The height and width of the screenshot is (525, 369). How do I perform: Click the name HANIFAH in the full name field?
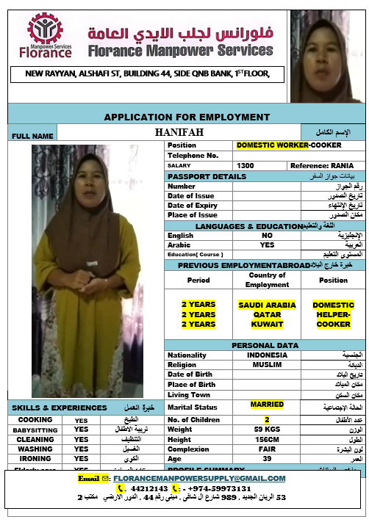(x=179, y=132)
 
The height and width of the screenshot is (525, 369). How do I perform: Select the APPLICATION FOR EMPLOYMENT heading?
(x=187, y=117)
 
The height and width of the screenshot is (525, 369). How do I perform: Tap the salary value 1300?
(x=246, y=165)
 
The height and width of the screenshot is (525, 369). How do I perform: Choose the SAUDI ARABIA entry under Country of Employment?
(x=267, y=305)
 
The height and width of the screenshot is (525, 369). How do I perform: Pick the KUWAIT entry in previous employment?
(x=267, y=324)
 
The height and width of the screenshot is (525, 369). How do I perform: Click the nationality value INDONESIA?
(x=267, y=355)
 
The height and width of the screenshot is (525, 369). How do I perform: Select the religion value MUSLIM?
(x=267, y=365)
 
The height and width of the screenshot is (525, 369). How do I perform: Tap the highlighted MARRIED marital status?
(x=267, y=405)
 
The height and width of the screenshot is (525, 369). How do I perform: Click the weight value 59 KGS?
(x=267, y=429)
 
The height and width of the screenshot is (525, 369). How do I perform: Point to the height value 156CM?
(x=267, y=439)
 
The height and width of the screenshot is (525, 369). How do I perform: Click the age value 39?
(x=267, y=459)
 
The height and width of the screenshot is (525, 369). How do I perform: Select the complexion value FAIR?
(x=267, y=449)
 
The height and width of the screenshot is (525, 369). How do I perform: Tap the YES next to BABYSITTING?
(x=81, y=429)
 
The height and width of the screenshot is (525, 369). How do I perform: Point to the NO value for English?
(x=267, y=236)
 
